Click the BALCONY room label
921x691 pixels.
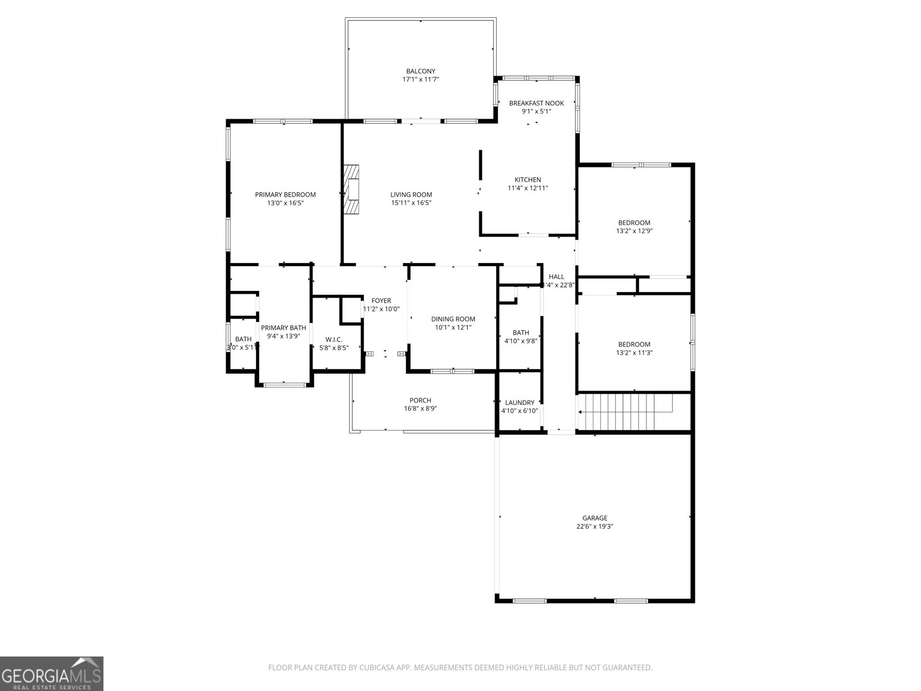tap(420, 71)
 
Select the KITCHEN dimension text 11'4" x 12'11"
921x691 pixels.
tap(528, 188)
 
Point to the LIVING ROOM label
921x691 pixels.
tap(411, 195)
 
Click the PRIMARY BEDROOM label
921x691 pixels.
tap(286, 195)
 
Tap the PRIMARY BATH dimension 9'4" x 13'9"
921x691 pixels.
tap(283, 336)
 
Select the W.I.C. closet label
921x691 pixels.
tap(334, 340)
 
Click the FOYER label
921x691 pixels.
tap(381, 301)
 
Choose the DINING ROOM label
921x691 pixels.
tap(453, 319)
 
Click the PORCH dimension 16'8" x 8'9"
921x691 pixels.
tap(420, 409)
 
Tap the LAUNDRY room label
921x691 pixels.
tap(519, 403)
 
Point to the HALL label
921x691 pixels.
tap(557, 276)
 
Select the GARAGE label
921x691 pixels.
tap(595, 518)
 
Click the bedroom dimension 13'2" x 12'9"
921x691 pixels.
tap(634, 231)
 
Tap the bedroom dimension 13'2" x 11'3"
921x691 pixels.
tap(634, 353)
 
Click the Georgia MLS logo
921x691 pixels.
tap(52, 674)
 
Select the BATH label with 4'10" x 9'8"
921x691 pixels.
tap(520, 332)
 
